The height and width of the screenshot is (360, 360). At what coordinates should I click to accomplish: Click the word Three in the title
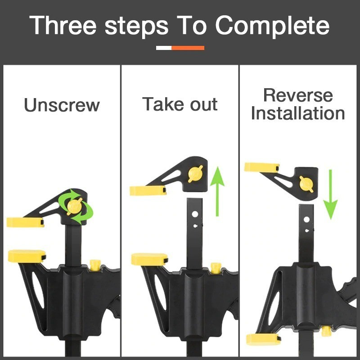click(x=63, y=25)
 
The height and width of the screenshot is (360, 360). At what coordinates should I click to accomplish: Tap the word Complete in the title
click(x=272, y=26)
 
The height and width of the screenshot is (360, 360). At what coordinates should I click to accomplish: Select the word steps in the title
click(x=137, y=27)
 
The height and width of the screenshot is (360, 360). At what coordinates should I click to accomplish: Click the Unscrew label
click(x=62, y=105)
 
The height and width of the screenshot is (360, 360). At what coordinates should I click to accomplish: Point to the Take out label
click(x=180, y=104)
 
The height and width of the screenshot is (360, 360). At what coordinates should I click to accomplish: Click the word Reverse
click(x=298, y=95)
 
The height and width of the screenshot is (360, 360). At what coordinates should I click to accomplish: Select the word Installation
click(x=298, y=113)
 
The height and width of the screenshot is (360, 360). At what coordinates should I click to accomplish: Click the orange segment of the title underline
click(x=188, y=48)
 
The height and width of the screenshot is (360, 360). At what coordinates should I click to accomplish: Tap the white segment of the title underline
click(x=164, y=48)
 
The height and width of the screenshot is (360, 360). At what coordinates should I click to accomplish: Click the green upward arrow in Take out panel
click(x=217, y=191)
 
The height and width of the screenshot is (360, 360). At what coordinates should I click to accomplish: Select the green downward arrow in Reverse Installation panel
click(x=330, y=194)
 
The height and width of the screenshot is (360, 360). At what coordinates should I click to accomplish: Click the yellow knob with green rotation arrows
click(x=74, y=206)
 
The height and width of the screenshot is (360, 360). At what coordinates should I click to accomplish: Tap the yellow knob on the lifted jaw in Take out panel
click(x=195, y=174)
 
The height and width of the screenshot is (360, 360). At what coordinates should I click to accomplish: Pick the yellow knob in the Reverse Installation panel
click(x=306, y=184)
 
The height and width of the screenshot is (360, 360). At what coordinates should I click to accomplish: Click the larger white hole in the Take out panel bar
click(x=195, y=214)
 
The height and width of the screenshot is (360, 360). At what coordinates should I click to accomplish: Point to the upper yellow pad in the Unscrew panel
click(x=25, y=222)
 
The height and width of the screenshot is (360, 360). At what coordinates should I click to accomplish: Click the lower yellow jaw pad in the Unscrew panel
click(x=27, y=256)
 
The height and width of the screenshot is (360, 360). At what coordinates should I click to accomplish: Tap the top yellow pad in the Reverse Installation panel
click(x=262, y=167)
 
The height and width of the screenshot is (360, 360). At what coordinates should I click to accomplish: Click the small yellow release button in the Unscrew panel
click(x=95, y=265)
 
